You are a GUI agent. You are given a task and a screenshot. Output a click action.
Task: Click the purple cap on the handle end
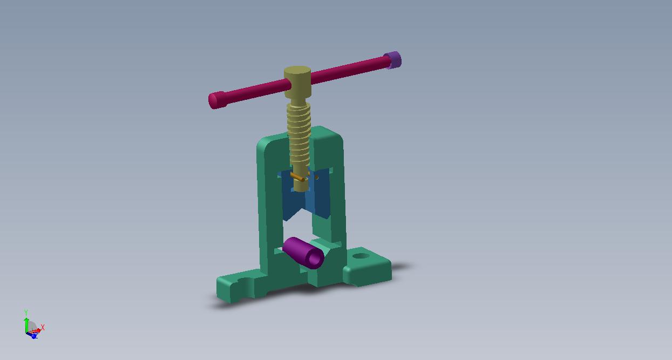(x=393, y=60)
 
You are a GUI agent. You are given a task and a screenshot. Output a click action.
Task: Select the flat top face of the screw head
(x=297, y=71)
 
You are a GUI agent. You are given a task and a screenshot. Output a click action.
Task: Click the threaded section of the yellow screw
(x=298, y=132)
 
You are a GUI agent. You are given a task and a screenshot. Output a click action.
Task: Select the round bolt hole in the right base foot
(x=361, y=256)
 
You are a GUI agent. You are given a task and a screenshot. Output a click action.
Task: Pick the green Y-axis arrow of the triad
(x=26, y=323)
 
